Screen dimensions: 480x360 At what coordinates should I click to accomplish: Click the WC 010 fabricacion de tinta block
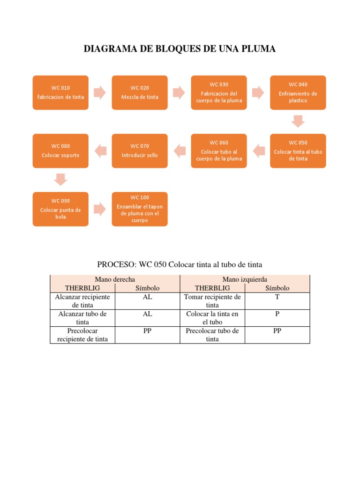(60, 92)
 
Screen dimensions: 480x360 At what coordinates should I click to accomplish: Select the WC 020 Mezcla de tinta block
(140, 92)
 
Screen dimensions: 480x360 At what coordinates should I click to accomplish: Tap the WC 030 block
(219, 92)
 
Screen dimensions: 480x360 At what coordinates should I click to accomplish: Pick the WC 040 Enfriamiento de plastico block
(298, 92)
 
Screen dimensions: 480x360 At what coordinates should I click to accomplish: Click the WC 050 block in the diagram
(298, 150)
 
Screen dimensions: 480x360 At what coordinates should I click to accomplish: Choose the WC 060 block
(219, 150)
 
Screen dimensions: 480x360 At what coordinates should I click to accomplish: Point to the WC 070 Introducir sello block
(140, 150)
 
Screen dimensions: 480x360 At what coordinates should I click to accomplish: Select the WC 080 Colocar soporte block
(60, 150)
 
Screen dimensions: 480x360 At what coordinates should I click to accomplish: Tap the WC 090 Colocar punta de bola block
(60, 209)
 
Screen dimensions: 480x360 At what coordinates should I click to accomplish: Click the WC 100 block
(140, 209)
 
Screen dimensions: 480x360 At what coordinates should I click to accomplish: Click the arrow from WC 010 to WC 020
(100, 92)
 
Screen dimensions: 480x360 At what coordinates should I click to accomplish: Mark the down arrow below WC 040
(298, 121)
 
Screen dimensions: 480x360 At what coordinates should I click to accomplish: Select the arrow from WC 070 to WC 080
(100, 150)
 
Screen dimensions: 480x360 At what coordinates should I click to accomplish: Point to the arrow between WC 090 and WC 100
(100, 209)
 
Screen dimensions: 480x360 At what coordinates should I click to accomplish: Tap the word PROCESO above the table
(114, 265)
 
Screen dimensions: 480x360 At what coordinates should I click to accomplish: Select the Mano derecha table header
(115, 279)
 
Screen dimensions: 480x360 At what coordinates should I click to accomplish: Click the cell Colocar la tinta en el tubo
(212, 318)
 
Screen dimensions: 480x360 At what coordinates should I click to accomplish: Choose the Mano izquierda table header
(245, 279)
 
